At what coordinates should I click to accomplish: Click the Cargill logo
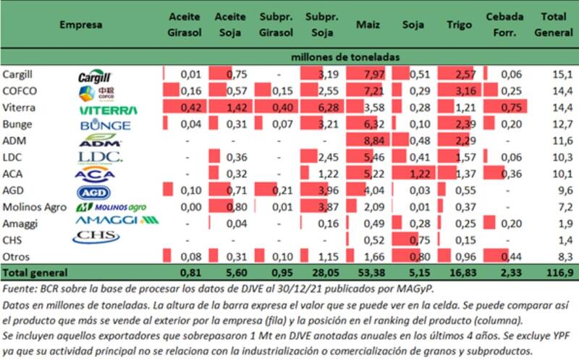[96, 75]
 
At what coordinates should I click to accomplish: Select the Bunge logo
[106, 125]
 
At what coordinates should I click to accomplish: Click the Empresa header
[80, 25]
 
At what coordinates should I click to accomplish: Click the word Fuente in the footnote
[20, 290]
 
